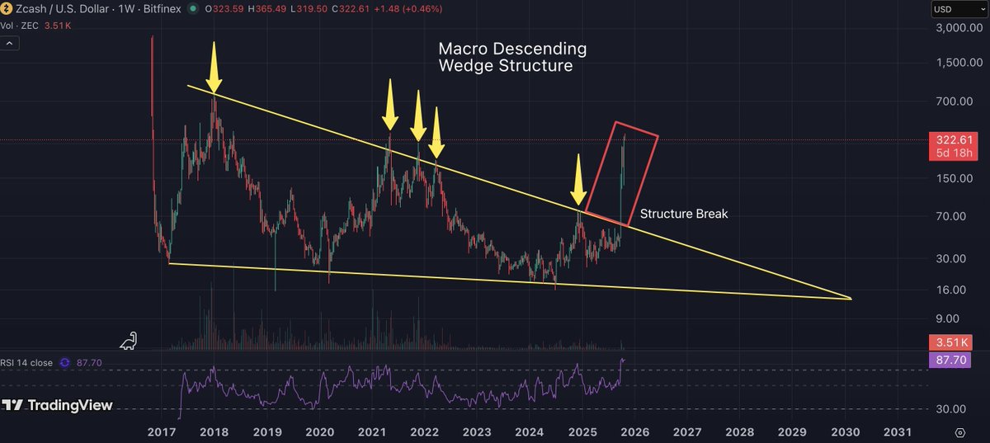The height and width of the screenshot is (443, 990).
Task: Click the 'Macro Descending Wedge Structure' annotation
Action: pyautogui.click(x=511, y=57)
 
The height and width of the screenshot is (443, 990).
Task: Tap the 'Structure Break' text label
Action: pyautogui.click(x=684, y=214)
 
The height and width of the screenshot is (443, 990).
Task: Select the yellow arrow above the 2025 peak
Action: pyautogui.click(x=580, y=181)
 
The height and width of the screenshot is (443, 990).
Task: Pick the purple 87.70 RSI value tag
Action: pyautogui.click(x=954, y=360)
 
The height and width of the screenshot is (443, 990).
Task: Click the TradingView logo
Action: pyautogui.click(x=57, y=406)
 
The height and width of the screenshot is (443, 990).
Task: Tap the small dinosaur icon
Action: pyautogui.click(x=129, y=340)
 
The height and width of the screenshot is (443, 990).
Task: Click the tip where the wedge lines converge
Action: pyautogui.click(x=850, y=298)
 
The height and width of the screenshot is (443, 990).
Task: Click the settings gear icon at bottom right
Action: pyautogui.click(x=960, y=431)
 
